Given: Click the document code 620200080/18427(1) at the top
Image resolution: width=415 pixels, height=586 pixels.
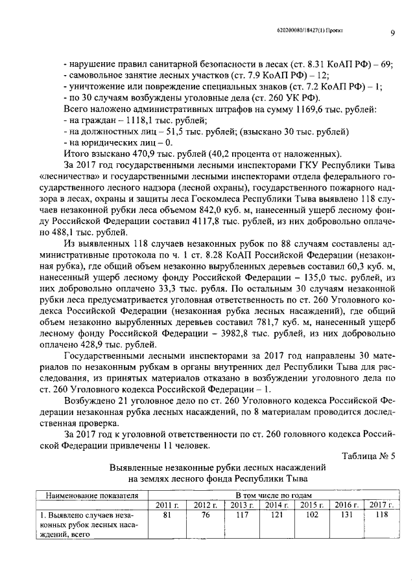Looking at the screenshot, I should tap(293, 30).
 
